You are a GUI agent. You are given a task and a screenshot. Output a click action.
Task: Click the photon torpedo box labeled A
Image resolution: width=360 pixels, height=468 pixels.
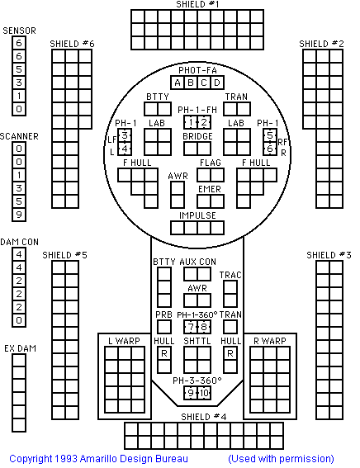[178, 83]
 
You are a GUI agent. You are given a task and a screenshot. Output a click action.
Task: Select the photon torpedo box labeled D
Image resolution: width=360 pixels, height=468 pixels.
[217, 83]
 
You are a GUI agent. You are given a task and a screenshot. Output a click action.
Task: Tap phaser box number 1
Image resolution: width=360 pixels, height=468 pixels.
[191, 122]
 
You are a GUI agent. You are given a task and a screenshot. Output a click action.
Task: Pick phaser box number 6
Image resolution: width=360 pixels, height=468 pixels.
[270, 149]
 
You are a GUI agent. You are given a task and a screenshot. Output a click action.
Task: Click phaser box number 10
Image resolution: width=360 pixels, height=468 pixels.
[204, 393]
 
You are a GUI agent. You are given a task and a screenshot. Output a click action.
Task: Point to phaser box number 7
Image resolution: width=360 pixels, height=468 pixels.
[191, 327]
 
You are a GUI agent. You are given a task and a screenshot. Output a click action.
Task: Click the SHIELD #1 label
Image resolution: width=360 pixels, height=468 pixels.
[197, 4]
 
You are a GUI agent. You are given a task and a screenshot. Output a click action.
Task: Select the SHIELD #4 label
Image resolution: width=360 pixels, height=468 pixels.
[204, 417]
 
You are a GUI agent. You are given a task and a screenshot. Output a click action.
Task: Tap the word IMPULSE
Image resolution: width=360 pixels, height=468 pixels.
[197, 215]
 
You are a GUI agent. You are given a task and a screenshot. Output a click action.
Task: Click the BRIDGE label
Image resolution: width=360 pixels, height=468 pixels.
[197, 136]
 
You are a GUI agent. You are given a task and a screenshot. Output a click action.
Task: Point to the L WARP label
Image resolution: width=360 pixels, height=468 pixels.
[124, 341]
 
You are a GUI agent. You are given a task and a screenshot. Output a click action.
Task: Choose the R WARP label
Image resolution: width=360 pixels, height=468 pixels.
[270, 341]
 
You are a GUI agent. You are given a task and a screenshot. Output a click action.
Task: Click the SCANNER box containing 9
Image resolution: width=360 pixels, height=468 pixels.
[19, 215]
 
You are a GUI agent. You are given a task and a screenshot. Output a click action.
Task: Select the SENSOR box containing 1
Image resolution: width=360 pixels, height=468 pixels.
[19, 96]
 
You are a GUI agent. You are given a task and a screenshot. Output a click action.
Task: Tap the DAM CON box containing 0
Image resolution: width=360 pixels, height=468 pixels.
[19, 320]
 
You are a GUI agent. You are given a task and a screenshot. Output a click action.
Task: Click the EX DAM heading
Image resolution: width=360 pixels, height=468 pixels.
[21, 348]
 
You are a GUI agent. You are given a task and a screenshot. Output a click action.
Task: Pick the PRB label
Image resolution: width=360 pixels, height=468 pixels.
[163, 314]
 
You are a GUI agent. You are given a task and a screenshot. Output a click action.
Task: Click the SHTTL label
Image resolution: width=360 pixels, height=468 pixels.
[197, 341]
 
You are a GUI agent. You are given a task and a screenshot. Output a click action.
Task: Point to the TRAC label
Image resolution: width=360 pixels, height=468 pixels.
[230, 275]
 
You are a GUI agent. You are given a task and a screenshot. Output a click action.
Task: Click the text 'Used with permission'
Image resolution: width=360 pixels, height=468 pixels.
[281, 459]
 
